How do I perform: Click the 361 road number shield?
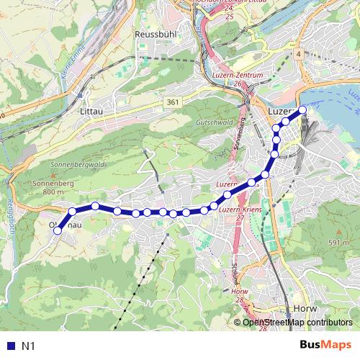[171, 104]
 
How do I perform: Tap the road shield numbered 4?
[297, 54]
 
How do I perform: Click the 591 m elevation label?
[338, 243]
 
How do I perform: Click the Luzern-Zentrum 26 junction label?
[237, 78]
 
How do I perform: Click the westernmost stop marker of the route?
[58, 230]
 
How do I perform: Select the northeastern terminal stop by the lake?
[302, 109]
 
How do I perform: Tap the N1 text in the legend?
[28, 346]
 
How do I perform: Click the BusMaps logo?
[326, 346]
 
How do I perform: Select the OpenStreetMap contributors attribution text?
[297, 323]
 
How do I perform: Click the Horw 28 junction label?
[240, 295]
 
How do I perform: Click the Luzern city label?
[282, 113]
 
